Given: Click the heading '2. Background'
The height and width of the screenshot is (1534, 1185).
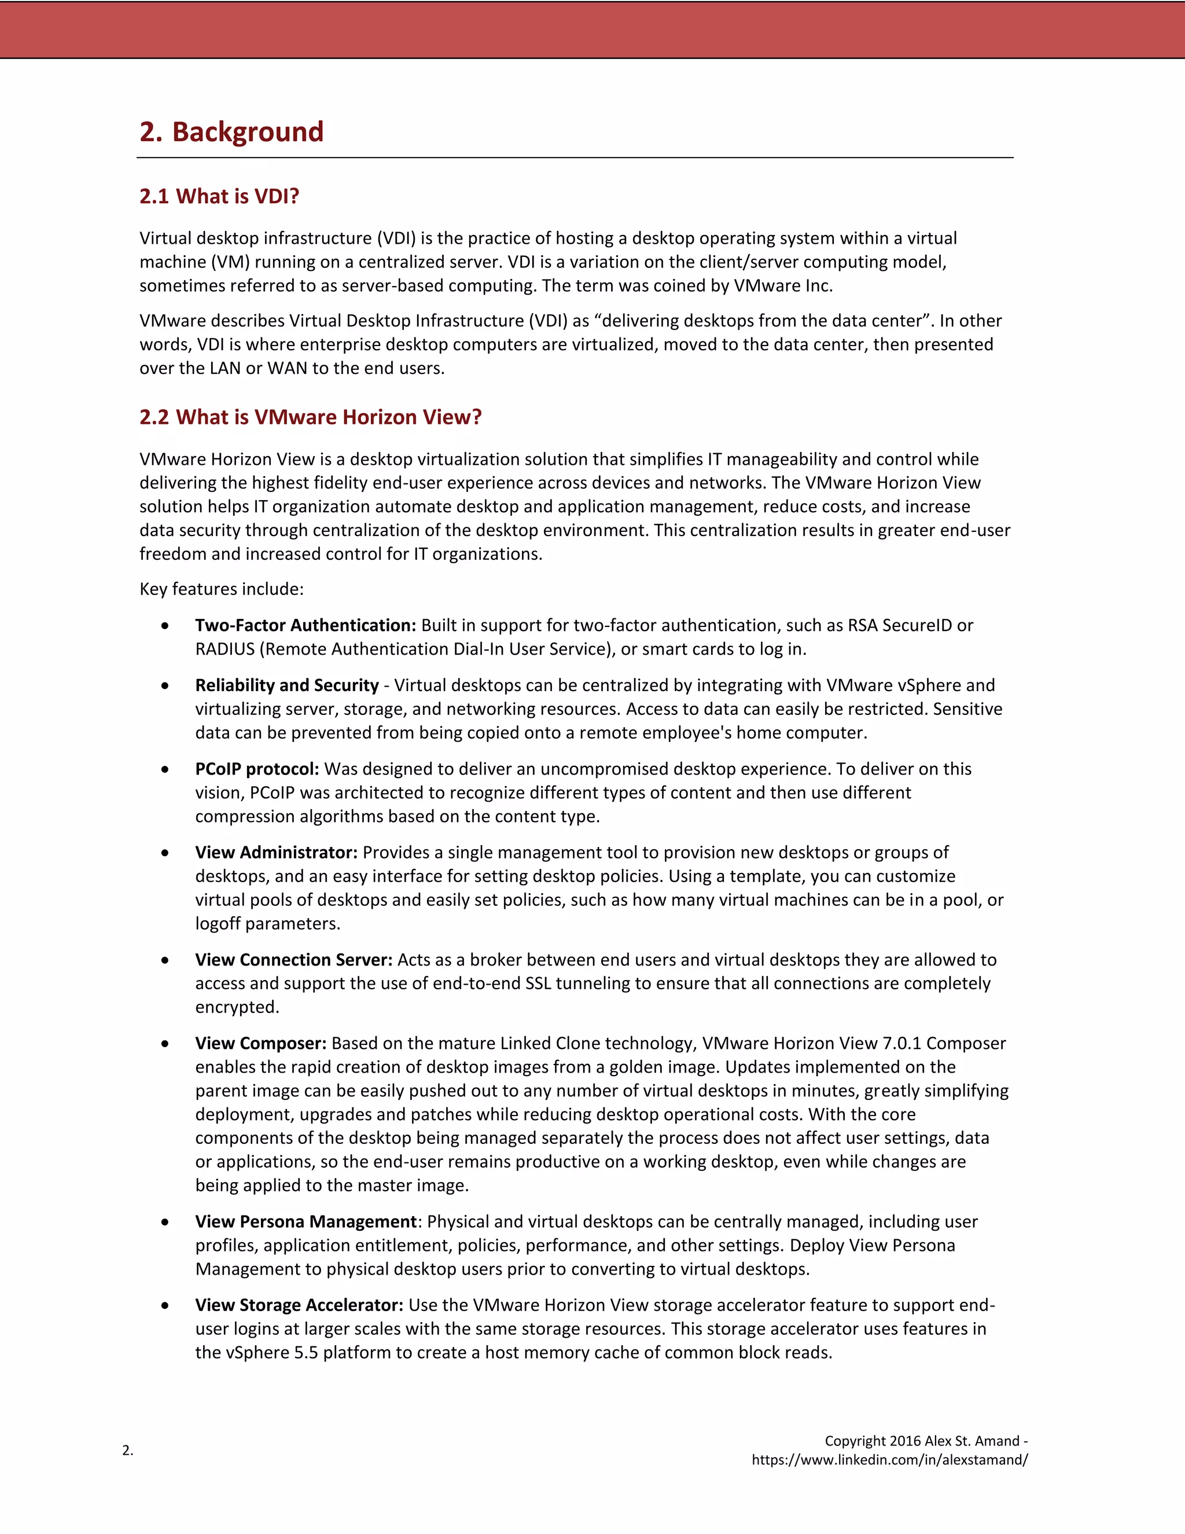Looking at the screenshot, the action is [x=231, y=132].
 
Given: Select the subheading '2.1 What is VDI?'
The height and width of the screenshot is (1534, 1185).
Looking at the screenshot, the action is [x=219, y=196].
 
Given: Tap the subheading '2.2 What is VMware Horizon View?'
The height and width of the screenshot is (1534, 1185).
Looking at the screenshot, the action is [x=310, y=417].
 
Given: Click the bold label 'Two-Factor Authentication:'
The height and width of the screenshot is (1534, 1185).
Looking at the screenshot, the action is [x=306, y=625].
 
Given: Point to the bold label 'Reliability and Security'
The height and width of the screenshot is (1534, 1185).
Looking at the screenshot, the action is [x=286, y=685].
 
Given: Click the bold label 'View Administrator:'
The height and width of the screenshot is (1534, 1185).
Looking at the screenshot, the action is [x=276, y=852].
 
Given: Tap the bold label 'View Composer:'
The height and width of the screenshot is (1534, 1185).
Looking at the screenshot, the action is [x=260, y=1043].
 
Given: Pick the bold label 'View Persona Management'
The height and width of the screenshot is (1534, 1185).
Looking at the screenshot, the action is [x=306, y=1221].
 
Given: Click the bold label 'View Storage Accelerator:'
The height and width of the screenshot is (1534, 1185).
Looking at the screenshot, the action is [x=299, y=1305].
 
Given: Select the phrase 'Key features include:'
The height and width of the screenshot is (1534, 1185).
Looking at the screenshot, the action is [x=221, y=589].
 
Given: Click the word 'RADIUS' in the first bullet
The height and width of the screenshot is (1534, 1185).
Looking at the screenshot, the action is [x=225, y=649].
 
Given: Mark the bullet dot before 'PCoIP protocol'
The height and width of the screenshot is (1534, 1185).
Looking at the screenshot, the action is [x=165, y=770].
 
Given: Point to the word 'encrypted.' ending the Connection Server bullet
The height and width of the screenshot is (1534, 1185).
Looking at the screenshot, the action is [x=237, y=1007].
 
